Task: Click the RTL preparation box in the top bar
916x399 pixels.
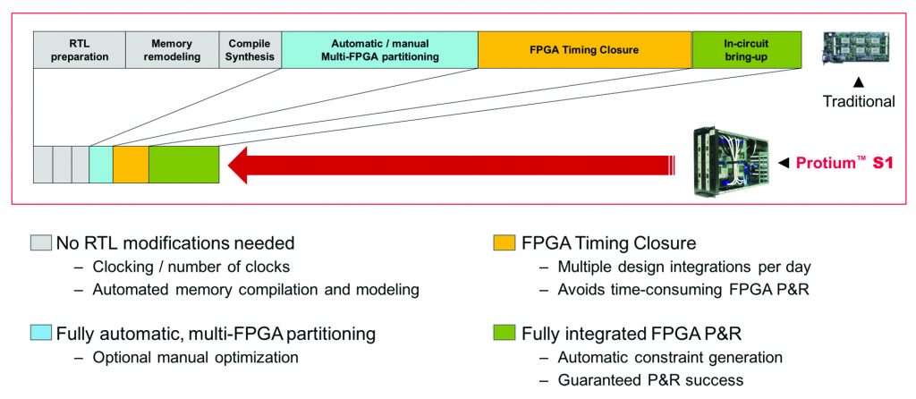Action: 79,50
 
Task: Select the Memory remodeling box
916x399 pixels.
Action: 172,50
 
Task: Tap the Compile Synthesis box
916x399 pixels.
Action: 250,50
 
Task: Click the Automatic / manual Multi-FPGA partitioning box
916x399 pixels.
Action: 379,50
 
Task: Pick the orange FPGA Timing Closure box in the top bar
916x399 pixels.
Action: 584,50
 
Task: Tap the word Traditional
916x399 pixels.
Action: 858,101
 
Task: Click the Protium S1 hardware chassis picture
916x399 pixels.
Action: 730,162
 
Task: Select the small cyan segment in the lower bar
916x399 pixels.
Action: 101,165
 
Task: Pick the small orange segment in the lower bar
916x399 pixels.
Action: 131,165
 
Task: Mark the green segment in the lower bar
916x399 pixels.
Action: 183,165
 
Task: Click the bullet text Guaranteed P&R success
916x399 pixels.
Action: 649,380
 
